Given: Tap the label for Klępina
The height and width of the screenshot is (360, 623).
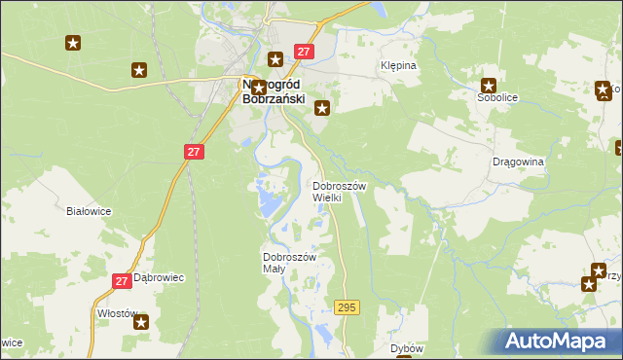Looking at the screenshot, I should click(397, 66).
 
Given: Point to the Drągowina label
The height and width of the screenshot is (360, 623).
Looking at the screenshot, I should click(518, 162).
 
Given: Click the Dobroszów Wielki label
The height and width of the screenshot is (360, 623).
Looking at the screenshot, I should click(338, 191).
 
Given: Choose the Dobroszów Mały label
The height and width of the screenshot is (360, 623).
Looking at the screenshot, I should click(289, 263).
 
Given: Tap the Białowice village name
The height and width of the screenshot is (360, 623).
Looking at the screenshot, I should click(89, 210).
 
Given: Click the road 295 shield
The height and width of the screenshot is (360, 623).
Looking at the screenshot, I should click(347, 307).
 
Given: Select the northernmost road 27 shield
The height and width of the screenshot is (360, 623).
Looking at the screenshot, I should click(304, 52).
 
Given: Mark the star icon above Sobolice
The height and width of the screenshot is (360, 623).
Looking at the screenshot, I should click(489, 85).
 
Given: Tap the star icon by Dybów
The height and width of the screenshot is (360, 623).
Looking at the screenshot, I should click(403, 356).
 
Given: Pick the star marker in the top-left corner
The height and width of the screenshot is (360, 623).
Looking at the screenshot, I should click(73, 43).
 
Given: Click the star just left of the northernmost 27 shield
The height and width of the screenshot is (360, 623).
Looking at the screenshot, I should click(276, 58).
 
